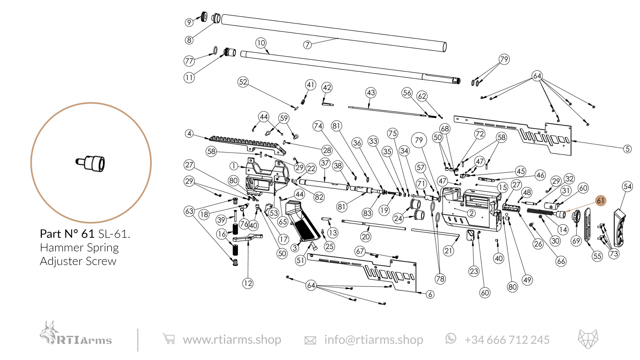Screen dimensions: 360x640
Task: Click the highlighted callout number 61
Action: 601,201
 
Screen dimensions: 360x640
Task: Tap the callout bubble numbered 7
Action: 308,45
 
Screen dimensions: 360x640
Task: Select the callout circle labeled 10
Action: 261,43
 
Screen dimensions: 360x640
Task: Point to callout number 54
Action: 628,187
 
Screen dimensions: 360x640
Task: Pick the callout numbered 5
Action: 628,149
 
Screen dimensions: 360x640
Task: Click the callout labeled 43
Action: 371,93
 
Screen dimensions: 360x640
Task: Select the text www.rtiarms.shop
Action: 232,340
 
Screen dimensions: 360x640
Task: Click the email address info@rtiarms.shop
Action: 373,340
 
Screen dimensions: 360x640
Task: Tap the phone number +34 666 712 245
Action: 507,340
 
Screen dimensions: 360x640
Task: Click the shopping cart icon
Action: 169,339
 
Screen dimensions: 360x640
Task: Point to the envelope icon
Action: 310,340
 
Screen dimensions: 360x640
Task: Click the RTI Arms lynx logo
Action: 75,334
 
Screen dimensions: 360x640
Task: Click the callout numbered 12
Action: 248,283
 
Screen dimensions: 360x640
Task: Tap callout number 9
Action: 189,22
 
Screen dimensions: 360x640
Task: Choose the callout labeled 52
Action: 243,82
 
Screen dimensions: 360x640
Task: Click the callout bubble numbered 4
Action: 189,134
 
